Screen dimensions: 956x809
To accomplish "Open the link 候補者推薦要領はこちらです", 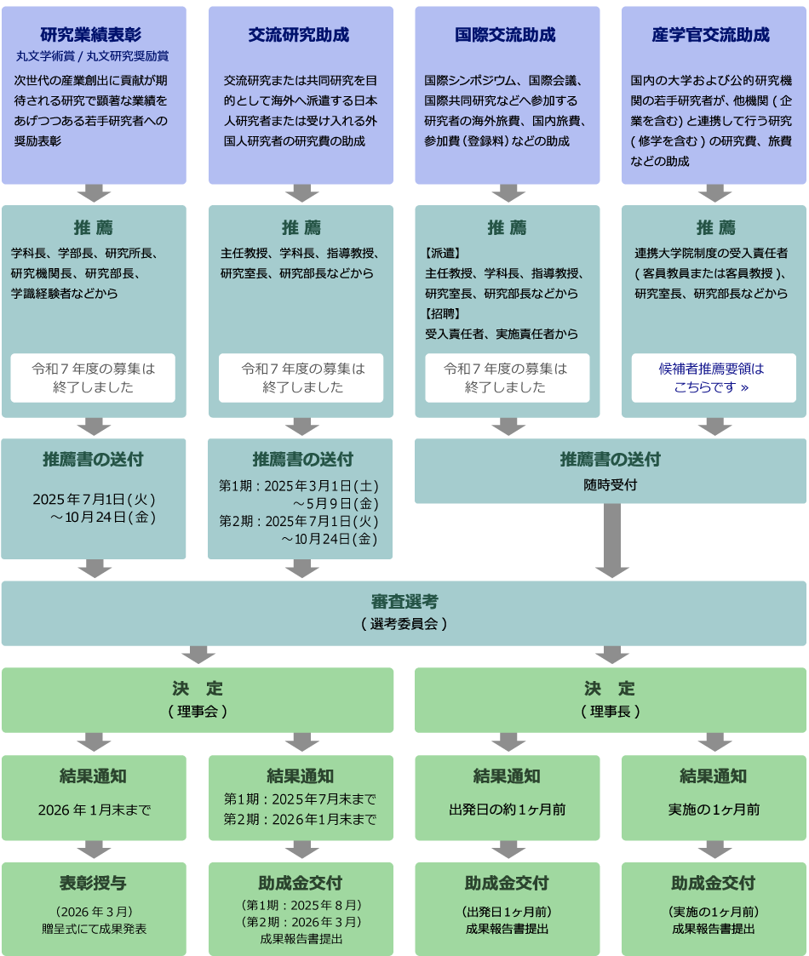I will pos(712,378).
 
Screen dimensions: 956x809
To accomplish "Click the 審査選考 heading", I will pos(404,603).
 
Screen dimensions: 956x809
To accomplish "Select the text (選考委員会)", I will pos(404,624).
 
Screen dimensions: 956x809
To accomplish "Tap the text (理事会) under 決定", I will pos(197,711).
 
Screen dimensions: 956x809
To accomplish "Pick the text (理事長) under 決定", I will pos(611,711).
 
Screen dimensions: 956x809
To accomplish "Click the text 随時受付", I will pos(610,484).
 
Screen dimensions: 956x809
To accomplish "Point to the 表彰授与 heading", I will pos(94,883).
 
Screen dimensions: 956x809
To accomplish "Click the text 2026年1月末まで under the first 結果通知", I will pos(94,810).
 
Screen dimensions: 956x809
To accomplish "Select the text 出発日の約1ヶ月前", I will pos(507,810).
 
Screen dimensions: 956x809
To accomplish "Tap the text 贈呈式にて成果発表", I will pos(94,929).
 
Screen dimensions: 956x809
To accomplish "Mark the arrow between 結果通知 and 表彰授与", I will pos(94,850).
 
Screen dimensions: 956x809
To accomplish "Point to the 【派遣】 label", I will pos(442,254).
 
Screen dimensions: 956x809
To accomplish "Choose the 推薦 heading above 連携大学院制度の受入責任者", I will pos(714,228).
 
